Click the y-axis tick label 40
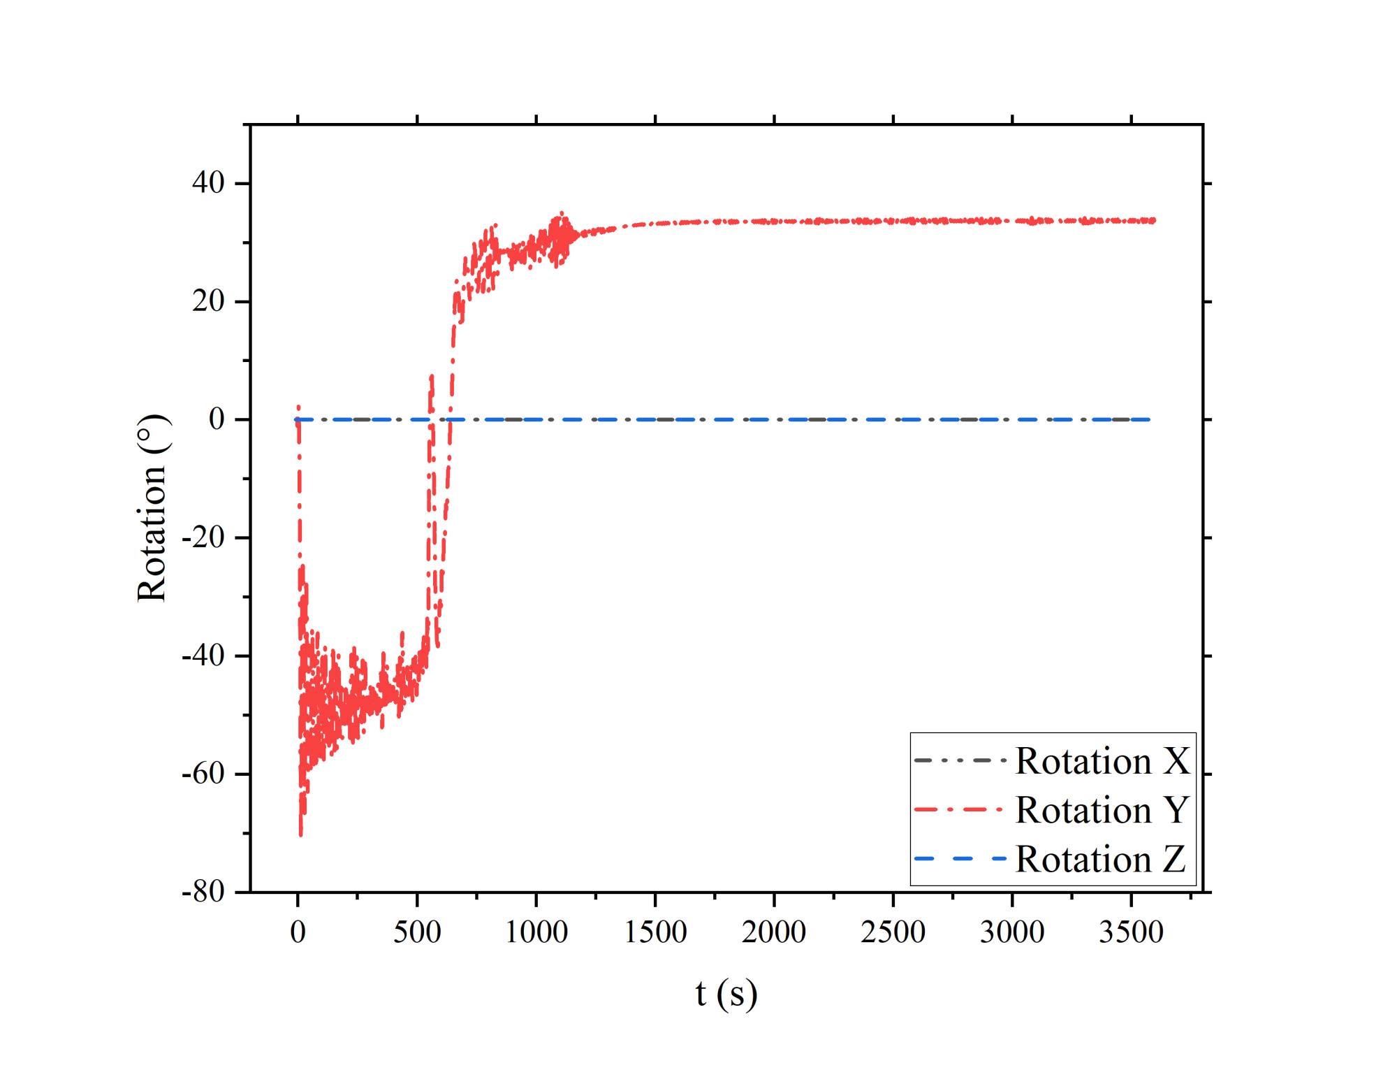click(208, 183)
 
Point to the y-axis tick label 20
click(208, 301)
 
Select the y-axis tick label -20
click(203, 537)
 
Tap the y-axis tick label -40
click(203, 656)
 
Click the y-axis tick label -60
click(203, 774)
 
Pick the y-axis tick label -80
click(203, 892)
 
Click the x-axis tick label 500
click(417, 932)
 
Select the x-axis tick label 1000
click(536, 932)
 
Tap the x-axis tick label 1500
click(655, 932)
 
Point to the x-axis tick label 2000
click(774, 932)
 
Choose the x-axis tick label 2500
click(893, 932)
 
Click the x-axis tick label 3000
click(1012, 932)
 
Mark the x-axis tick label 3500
click(1131, 932)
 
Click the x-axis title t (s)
click(726, 994)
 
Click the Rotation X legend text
click(1102, 761)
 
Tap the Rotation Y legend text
click(1102, 810)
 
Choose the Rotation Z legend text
click(1101, 859)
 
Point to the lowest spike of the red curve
click(301, 834)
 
